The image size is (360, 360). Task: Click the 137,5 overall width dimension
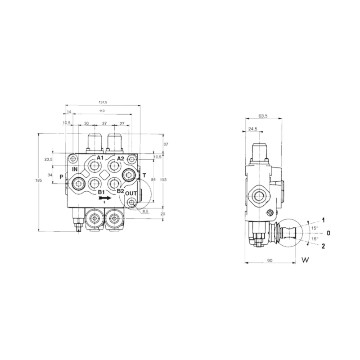coord(103,102)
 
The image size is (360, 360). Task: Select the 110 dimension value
coord(102,111)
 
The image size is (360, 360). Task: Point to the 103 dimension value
coord(163,180)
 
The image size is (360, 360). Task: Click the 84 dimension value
coord(154,180)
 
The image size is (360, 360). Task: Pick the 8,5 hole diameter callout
coord(145,211)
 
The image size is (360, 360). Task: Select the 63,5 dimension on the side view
coord(263,116)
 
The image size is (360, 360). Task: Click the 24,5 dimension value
coord(252,129)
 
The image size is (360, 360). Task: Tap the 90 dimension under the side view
coord(269,260)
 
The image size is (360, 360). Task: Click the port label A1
coord(100,158)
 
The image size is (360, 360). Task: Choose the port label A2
coord(120,159)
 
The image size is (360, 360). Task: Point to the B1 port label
coord(102,192)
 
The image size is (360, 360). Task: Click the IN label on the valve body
coord(75,169)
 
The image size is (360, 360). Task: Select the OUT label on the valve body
coord(131,193)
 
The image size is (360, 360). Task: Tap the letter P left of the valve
coord(61,176)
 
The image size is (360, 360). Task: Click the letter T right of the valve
coord(144,175)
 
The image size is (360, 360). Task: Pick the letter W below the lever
coord(305,260)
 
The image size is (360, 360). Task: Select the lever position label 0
coord(328,233)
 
